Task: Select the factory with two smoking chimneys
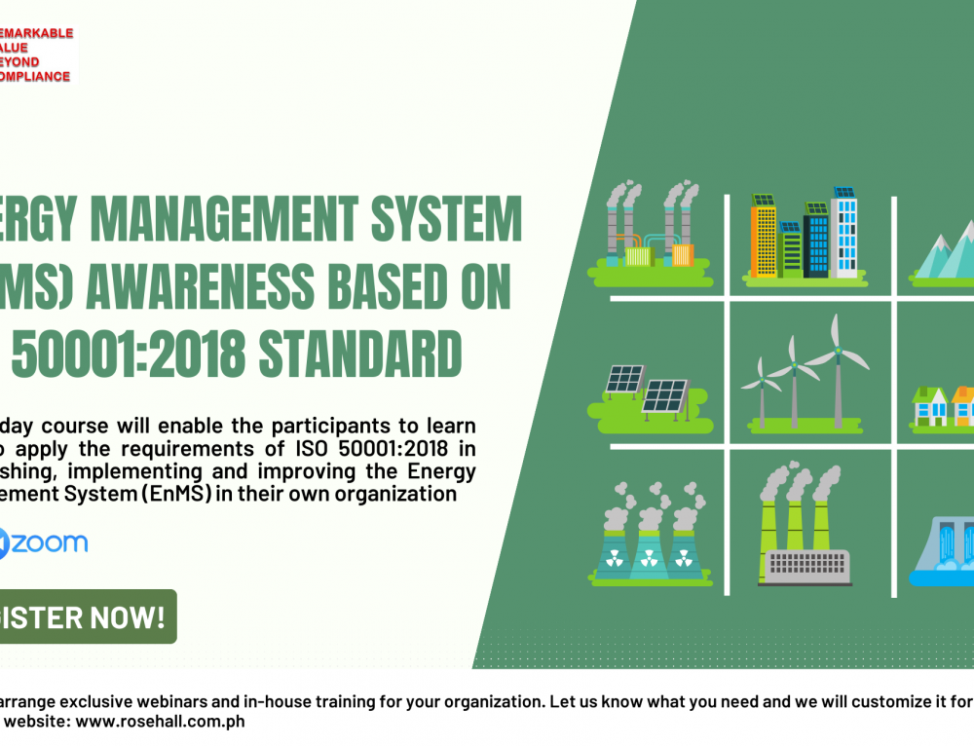pos(647,234)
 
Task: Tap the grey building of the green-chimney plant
pos(805,565)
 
